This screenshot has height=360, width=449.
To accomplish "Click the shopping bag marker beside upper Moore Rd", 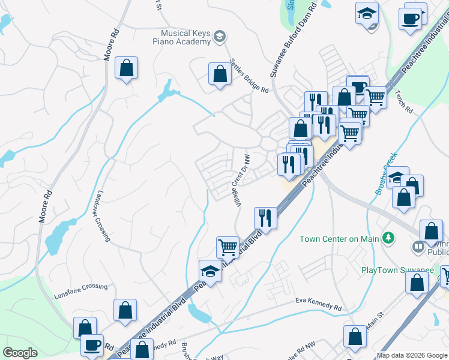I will [x=127, y=69].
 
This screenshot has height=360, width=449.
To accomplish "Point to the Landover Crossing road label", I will [x=101, y=217].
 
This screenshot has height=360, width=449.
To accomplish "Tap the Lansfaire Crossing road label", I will [x=80, y=287].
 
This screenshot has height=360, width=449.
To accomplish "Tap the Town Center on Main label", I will [x=340, y=239].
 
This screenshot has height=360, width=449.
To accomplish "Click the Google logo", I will [x=20, y=353].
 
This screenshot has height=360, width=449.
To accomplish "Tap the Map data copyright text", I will [x=412, y=355].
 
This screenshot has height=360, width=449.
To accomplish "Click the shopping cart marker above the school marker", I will [x=228, y=247].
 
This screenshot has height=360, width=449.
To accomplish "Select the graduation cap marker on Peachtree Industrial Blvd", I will [x=210, y=272].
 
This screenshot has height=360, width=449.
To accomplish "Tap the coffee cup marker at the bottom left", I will [x=92, y=346].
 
